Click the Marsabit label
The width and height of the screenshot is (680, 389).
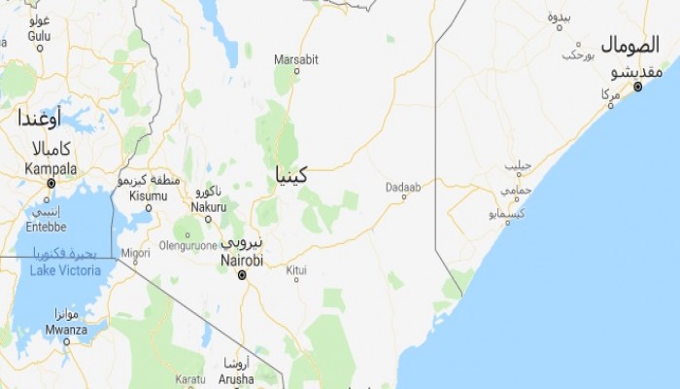coord(296,58)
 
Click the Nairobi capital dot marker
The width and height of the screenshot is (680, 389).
coord(242,275)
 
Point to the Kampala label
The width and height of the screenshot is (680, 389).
coord(50,167)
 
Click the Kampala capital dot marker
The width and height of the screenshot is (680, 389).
coord(50,182)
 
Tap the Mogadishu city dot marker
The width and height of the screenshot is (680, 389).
coord(637,87)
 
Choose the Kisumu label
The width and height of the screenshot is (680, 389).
coord(148,195)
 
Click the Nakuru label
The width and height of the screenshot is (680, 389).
coord(208,206)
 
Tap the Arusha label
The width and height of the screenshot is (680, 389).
coord(235,378)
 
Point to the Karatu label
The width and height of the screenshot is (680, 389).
coord(190,378)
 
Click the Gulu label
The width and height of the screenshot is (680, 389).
coord(39,35)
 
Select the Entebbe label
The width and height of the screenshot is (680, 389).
coord(45,226)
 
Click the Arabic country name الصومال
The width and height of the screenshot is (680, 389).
coord(629,45)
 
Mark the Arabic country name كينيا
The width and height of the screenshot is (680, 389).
coord(290,176)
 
